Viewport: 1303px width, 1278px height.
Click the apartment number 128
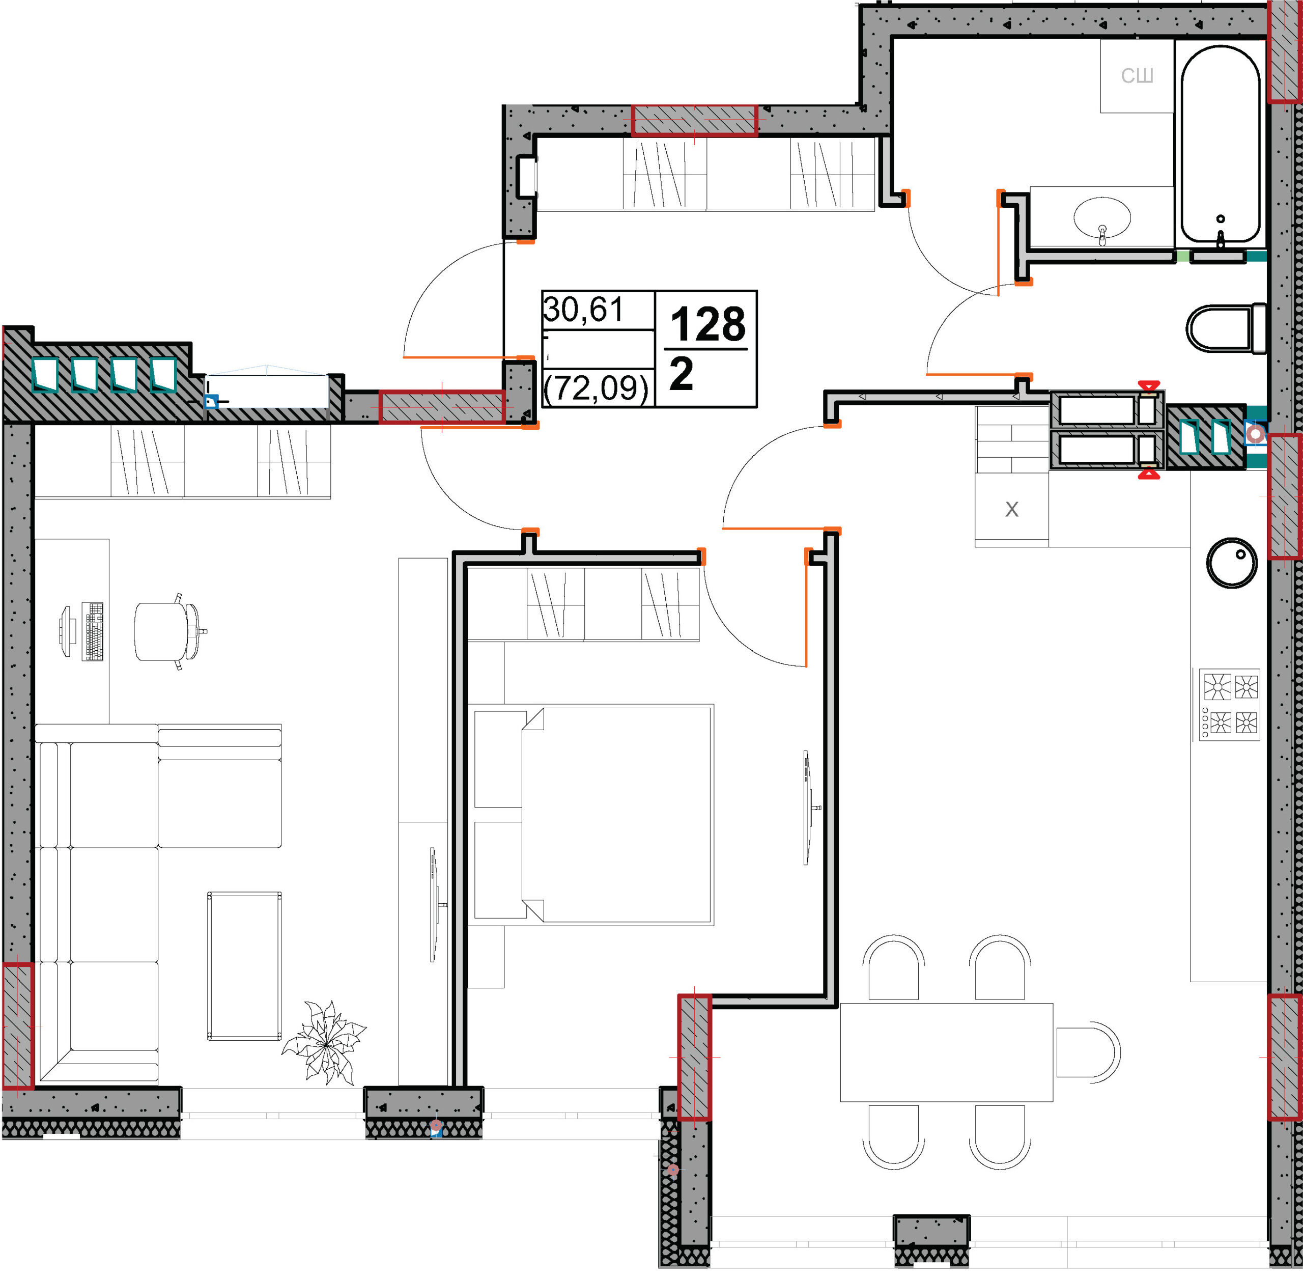(708, 324)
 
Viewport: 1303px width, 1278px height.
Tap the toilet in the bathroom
(1225, 328)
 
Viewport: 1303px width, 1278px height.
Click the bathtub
(1221, 144)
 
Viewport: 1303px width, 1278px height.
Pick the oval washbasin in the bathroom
(1102, 217)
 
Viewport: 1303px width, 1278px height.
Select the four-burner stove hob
(1229, 705)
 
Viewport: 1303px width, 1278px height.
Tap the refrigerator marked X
(1012, 510)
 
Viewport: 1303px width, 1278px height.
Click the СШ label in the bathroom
(1137, 76)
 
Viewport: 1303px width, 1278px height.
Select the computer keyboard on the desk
(93, 631)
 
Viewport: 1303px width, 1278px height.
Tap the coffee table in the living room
(244, 966)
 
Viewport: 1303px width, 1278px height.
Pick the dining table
(946, 1052)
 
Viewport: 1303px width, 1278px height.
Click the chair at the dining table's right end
(1088, 1052)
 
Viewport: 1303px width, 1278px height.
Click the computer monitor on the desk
(65, 631)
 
